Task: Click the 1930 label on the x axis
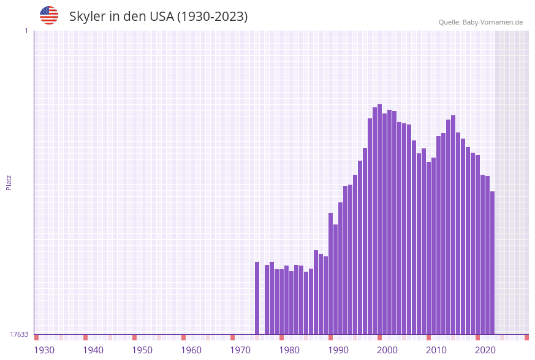point(44,350)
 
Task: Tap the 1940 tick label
point(93,350)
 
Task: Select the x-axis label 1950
point(142,350)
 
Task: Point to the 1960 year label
point(191,350)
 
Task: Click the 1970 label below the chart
point(240,350)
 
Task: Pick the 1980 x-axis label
point(289,350)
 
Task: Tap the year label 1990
point(338,350)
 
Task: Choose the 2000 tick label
point(387,350)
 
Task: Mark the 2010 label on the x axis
point(436,350)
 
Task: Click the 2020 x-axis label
point(485,350)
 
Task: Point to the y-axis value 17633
point(19,334)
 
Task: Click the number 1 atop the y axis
point(26,31)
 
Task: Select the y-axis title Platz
point(9,182)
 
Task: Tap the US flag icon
point(49,15)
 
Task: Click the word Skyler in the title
point(88,17)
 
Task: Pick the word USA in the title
point(162,17)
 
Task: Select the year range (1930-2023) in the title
point(213,17)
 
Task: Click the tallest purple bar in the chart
point(379,220)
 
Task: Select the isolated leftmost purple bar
point(257,298)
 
